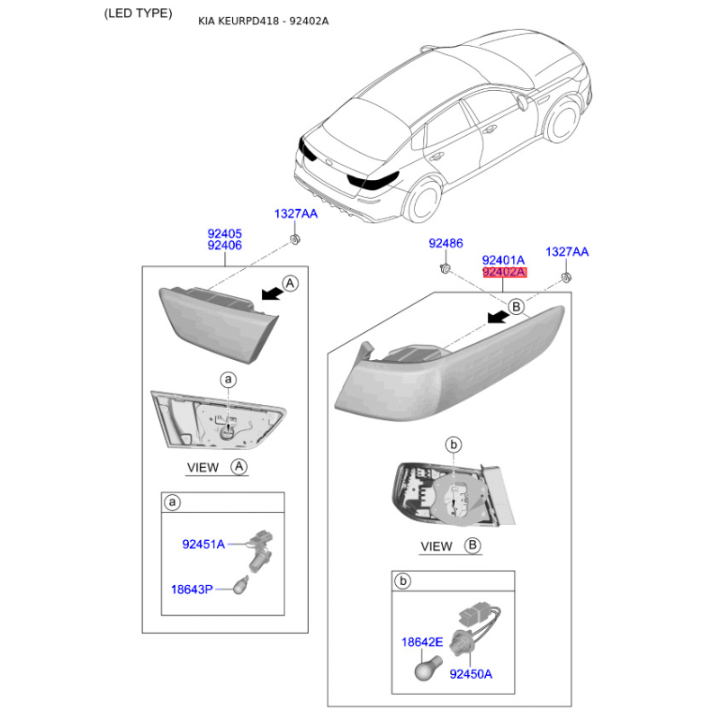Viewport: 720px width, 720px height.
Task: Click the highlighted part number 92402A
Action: click(x=504, y=272)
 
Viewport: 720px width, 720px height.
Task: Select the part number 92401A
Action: click(x=504, y=258)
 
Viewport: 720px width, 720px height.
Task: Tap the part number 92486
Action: click(x=445, y=244)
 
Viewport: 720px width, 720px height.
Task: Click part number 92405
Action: click(x=224, y=233)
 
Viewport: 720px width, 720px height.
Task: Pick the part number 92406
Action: click(x=224, y=246)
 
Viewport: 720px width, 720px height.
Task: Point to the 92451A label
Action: click(x=203, y=544)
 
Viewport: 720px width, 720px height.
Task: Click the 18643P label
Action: click(x=193, y=589)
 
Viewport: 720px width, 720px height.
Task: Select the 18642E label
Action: click(x=422, y=642)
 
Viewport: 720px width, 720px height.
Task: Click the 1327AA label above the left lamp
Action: click(x=296, y=213)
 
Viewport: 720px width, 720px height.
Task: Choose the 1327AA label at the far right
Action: click(x=567, y=252)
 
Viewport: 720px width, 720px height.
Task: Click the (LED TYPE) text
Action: click(x=138, y=13)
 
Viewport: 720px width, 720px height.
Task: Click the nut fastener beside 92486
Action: click(x=445, y=268)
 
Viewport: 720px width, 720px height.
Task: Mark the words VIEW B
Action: click(x=450, y=546)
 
